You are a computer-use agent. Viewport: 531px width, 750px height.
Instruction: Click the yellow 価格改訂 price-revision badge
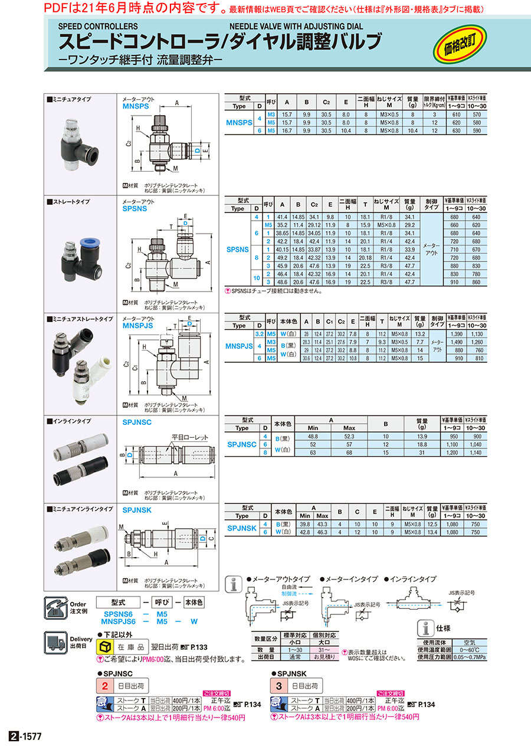(463, 45)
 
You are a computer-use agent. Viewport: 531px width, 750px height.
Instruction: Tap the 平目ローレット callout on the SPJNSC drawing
(190, 437)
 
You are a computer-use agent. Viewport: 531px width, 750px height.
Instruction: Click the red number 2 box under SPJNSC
(104, 686)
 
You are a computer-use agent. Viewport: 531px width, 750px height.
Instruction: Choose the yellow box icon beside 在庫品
(104, 647)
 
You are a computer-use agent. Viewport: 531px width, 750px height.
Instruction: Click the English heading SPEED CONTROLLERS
(98, 27)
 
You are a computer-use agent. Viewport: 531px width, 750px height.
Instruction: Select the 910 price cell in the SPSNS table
(453, 282)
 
